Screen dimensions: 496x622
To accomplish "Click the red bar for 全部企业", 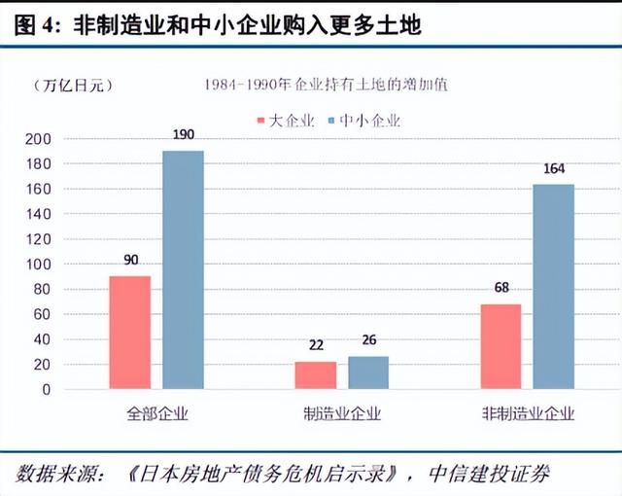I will (x=129, y=333).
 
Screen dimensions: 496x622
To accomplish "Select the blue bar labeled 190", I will (x=184, y=269).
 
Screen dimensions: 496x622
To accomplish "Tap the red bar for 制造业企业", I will (x=315, y=374).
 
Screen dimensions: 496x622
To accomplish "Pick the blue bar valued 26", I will (x=368, y=372).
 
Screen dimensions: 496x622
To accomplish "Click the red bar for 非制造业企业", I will (x=501, y=346).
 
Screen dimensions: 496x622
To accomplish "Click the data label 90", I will (x=130, y=261).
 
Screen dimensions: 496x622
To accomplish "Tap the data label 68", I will (x=501, y=289).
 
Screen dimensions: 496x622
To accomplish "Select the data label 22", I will (x=315, y=346).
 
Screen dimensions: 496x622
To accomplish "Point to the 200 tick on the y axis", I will (x=42, y=139).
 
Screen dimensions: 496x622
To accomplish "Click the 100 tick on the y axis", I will (x=42, y=265).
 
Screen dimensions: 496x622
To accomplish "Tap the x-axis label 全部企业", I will (x=156, y=413).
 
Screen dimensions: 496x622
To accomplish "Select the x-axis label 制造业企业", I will (x=341, y=413).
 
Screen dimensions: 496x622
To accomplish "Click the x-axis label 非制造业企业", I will (x=528, y=413).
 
